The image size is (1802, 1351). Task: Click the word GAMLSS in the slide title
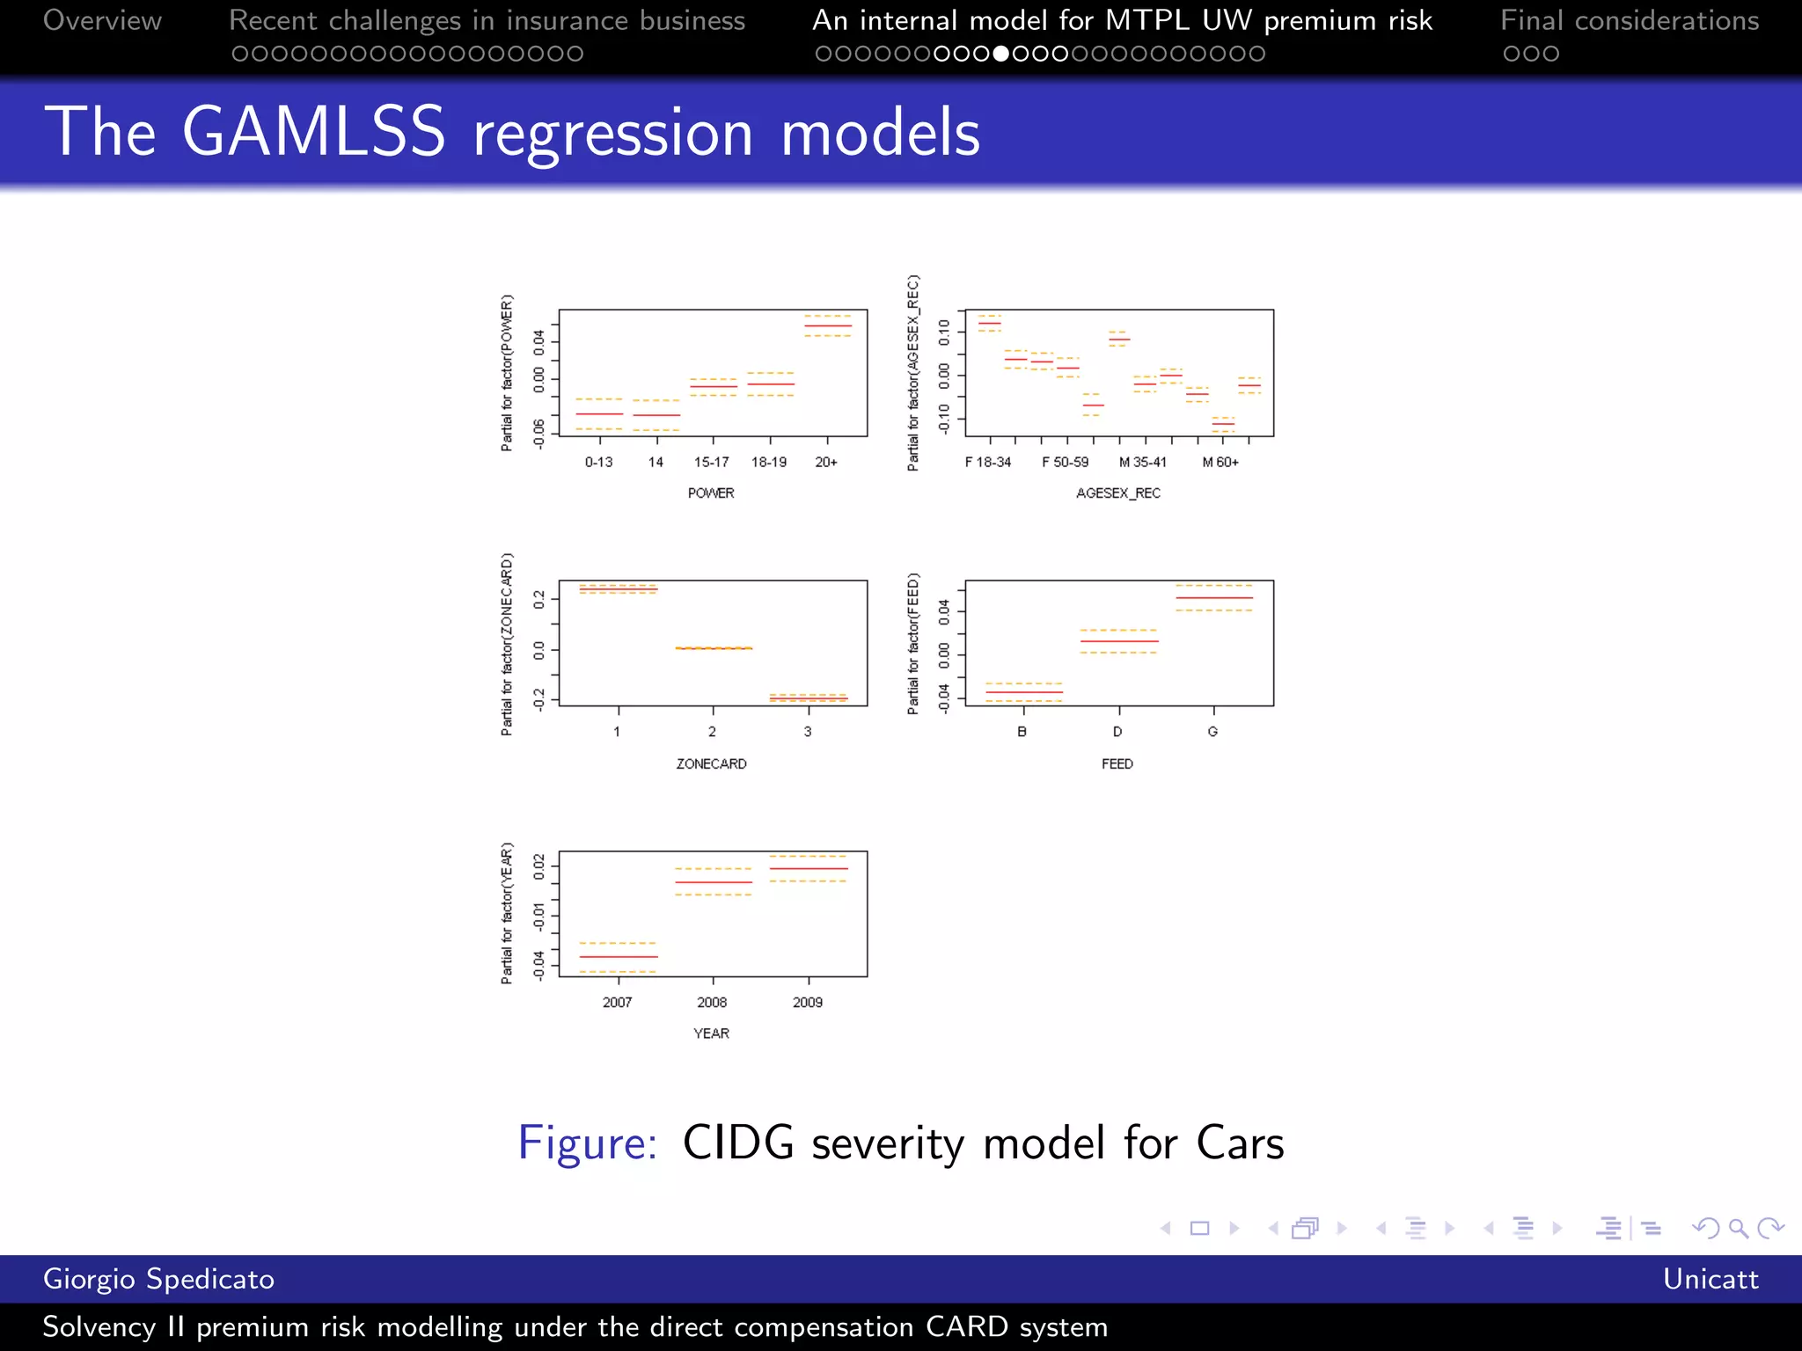coord(313,132)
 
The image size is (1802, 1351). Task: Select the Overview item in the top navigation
coord(102,20)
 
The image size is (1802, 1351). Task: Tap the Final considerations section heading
coord(1630,20)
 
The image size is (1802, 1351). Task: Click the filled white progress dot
coord(1000,54)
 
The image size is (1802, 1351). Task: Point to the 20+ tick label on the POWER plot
coord(826,462)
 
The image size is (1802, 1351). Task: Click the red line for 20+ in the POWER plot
coord(827,326)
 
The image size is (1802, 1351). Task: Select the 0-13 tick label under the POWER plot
coord(598,462)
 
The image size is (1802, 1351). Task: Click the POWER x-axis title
coord(711,493)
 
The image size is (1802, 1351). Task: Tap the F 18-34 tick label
coord(988,462)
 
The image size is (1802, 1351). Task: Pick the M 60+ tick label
coord(1220,462)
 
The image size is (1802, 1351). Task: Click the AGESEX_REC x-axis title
coord(1118,493)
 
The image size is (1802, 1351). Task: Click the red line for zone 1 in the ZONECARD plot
coord(618,589)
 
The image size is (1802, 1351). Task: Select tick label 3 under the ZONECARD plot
coord(808,732)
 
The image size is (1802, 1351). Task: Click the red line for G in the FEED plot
coord(1214,598)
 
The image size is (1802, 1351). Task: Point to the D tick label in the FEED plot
coord(1117,732)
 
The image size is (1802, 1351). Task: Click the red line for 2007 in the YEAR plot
coord(618,956)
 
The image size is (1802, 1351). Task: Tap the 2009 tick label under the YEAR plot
coord(808,1003)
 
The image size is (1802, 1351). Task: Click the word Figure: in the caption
coord(587,1143)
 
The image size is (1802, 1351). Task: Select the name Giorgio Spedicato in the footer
coord(158,1279)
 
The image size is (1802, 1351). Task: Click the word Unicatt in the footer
coord(1710,1279)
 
